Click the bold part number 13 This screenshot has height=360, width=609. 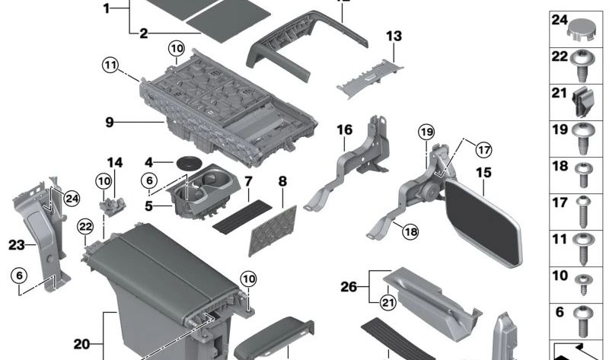tap(393, 36)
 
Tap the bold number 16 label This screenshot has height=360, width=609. tap(344, 130)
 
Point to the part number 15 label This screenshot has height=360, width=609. tap(483, 172)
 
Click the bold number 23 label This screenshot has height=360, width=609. tap(17, 244)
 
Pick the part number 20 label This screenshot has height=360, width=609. tap(82, 342)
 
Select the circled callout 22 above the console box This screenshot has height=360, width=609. tap(85, 226)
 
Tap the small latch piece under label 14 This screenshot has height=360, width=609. tap(113, 204)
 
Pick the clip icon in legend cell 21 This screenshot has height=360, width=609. tap(585, 100)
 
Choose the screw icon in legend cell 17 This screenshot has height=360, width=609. tap(585, 209)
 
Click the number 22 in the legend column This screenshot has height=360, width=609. tap(560, 56)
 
